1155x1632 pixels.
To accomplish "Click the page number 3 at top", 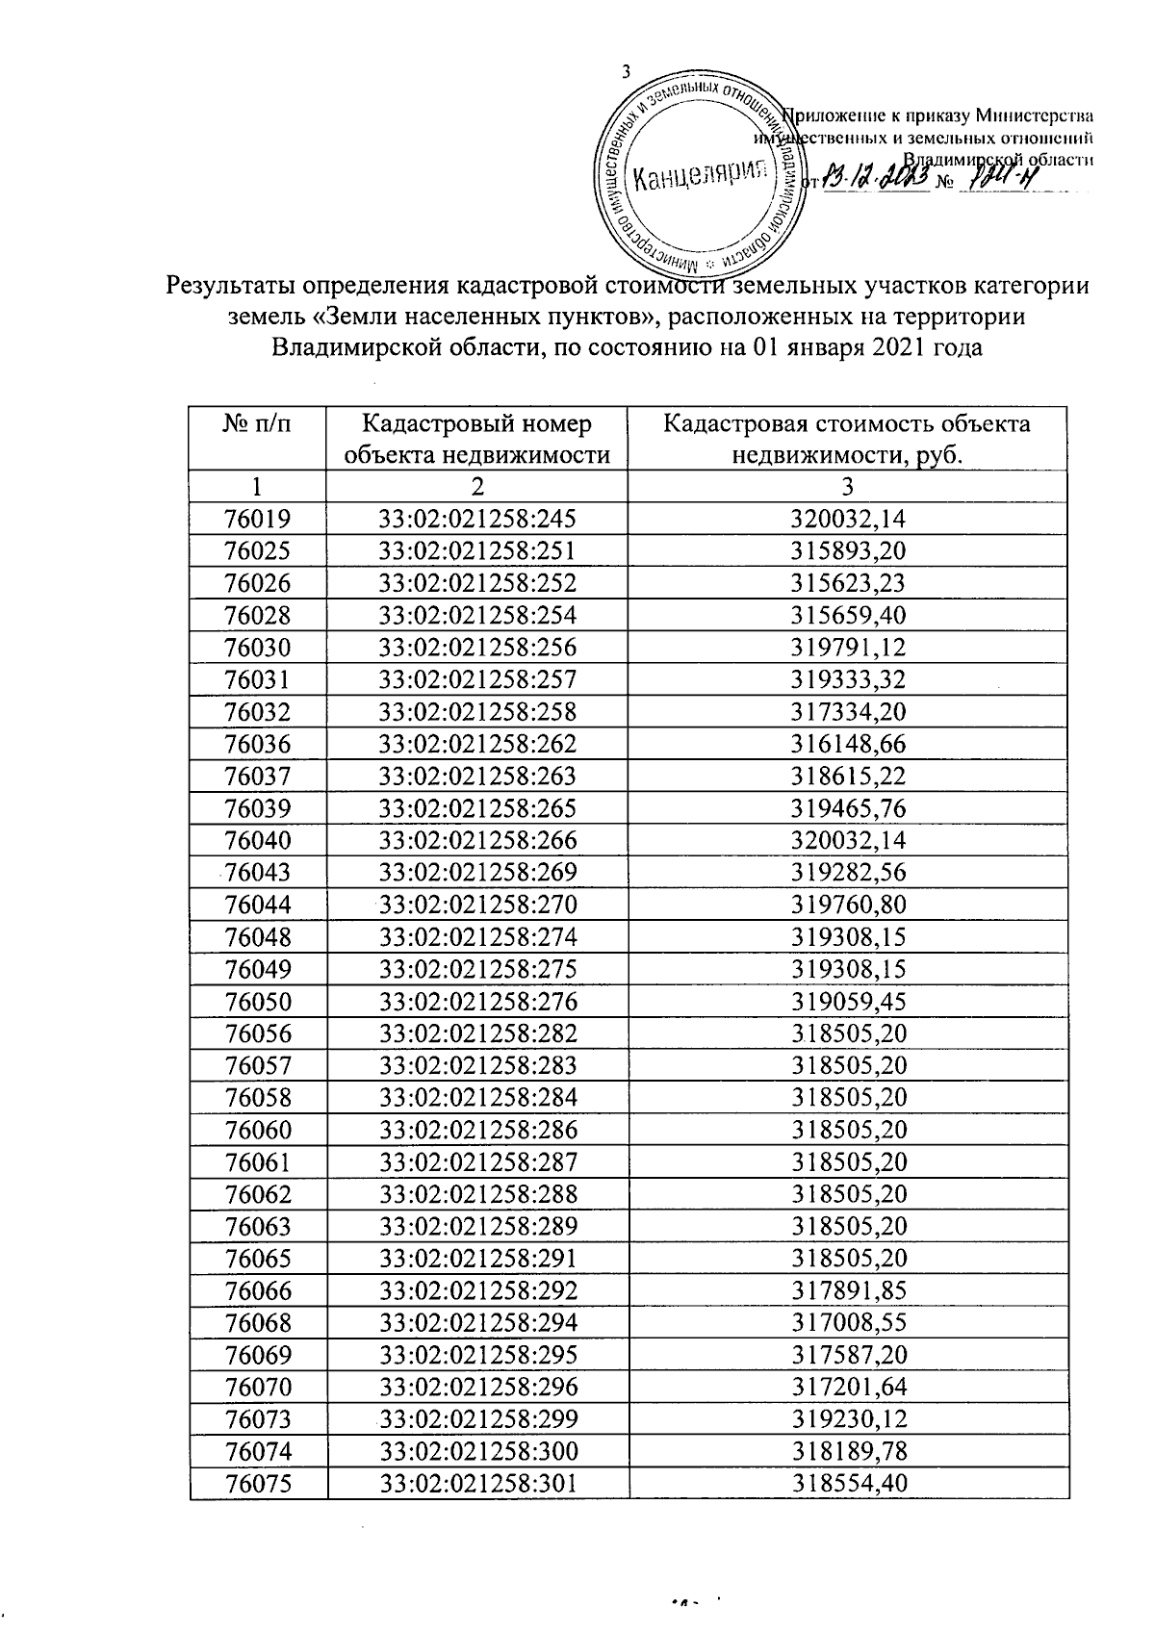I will pos(627,71).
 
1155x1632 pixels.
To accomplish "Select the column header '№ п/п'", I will pos(257,424).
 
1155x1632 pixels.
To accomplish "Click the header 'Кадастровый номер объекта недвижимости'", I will pos(476,439).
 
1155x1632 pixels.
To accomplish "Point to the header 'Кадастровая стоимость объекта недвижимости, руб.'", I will pos(847,439).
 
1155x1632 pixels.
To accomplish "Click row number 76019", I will pos(257,520).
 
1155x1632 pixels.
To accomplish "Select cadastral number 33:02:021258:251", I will pos(477,551).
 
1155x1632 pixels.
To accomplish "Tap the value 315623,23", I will pos(848,584).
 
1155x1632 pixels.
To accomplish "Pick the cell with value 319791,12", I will pos(848,648).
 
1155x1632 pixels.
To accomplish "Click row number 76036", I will pos(257,744).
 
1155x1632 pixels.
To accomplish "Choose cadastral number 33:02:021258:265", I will pos(477,808).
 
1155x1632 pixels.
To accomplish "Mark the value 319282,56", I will pos(848,873).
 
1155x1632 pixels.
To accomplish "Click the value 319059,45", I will pos(848,1001).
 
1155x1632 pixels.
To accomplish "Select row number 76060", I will pos(257,1130).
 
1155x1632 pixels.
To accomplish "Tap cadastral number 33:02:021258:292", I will pos(477,1290).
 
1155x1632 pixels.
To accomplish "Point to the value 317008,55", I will pos(848,1322).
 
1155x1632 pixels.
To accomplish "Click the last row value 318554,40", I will pos(848,1483).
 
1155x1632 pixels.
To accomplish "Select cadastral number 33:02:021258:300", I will pos(477,1451).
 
